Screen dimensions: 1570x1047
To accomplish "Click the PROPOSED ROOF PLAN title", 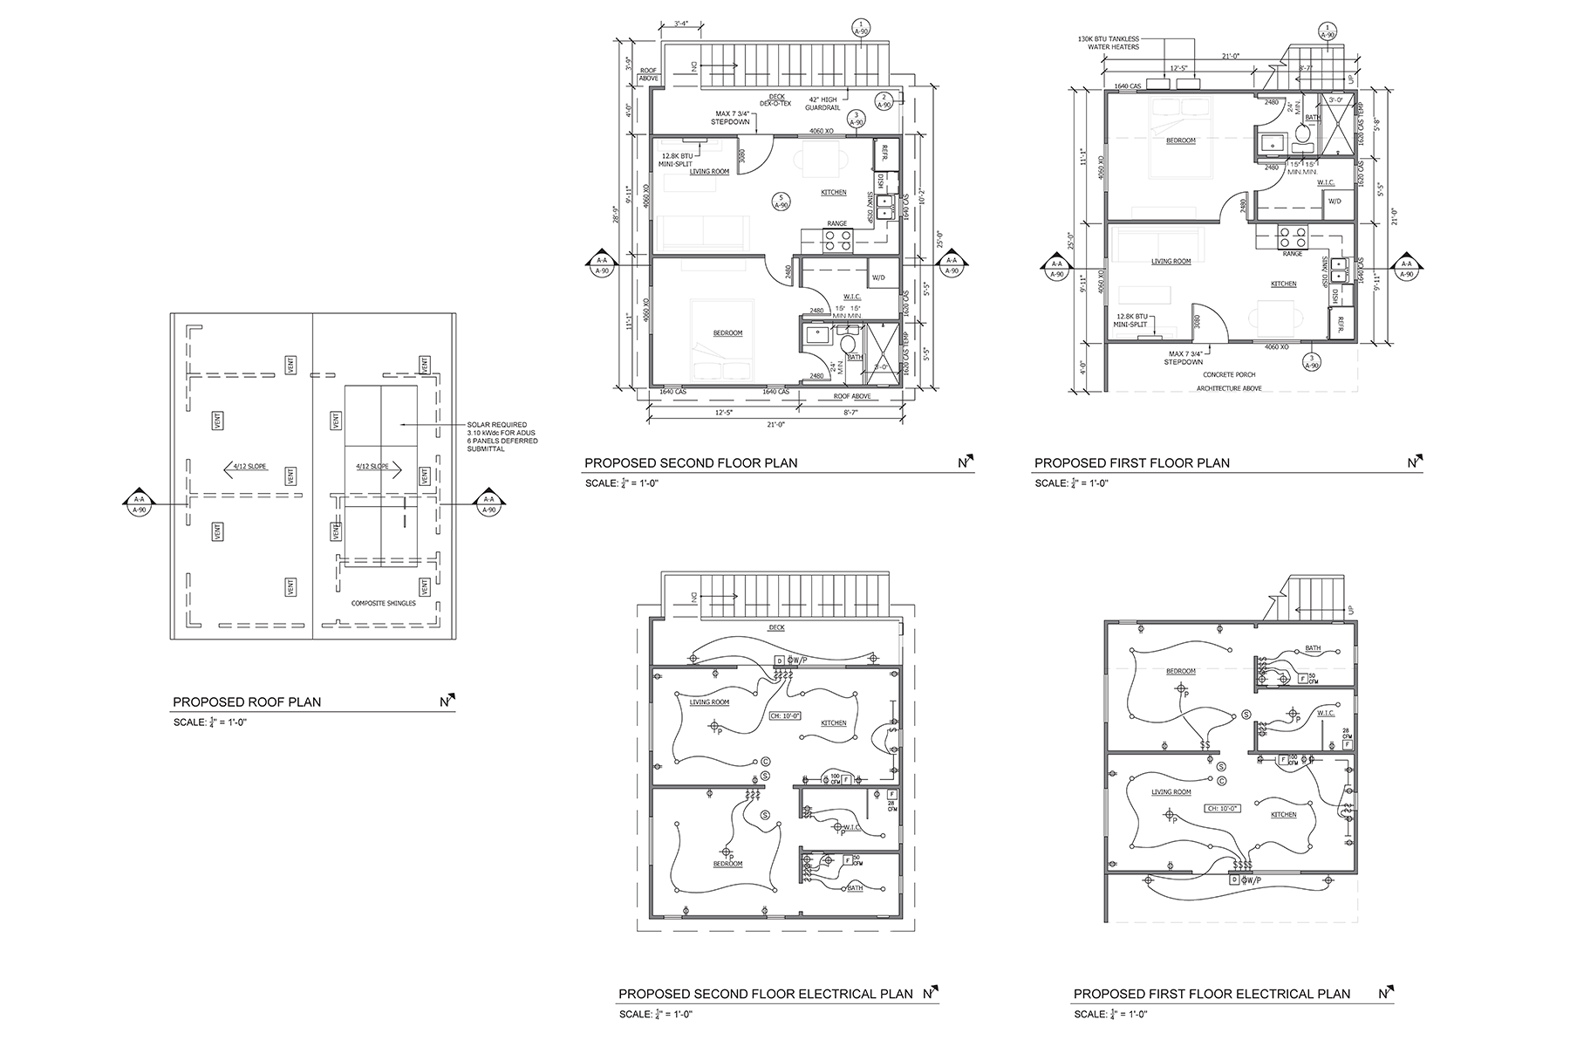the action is click(x=247, y=701).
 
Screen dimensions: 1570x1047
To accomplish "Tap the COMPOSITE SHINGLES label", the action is click(x=383, y=603).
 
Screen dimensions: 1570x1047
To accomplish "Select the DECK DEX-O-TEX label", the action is click(x=776, y=100).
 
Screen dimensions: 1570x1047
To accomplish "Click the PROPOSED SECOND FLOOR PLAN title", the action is click(x=691, y=463).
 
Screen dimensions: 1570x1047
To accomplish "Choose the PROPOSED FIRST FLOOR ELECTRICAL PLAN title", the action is click(x=1212, y=994).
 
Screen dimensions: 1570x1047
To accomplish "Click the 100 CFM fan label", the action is click(x=835, y=777).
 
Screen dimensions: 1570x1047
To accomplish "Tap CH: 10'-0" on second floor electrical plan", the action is click(x=784, y=715).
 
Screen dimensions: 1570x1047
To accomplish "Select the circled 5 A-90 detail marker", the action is click(x=782, y=202).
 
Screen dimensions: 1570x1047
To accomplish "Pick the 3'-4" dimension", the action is click(x=686, y=24).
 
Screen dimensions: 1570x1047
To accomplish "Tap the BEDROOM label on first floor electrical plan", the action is click(x=1181, y=671).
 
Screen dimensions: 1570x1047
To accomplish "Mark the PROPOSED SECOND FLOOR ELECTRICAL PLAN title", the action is click(x=765, y=994).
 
